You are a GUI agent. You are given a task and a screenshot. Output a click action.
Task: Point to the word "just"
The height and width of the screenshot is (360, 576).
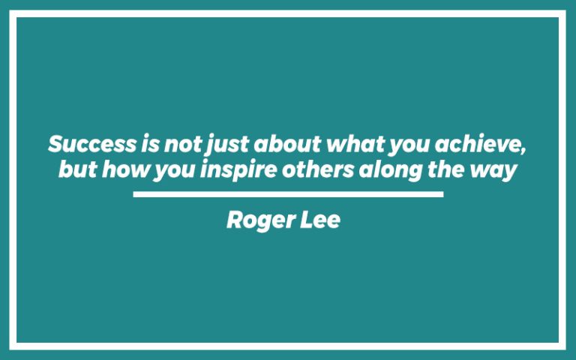[x=226, y=144]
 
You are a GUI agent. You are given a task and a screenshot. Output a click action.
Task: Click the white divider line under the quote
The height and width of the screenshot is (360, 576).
[x=288, y=194]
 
